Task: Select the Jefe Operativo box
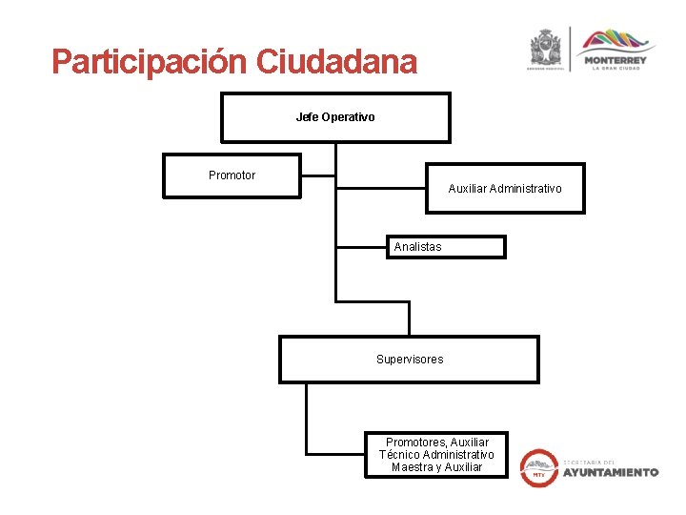click(335, 116)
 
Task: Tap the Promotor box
click(232, 175)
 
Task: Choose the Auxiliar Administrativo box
click(505, 188)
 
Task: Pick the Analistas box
click(445, 247)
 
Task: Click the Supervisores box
click(409, 359)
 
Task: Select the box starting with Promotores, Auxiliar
click(436, 455)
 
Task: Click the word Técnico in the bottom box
click(398, 455)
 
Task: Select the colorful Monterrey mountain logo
click(615, 41)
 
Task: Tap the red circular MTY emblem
click(539, 468)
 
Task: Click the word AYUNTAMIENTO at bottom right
click(610, 472)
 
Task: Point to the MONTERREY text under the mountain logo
click(615, 60)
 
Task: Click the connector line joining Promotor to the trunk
click(318, 175)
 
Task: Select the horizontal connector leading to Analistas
click(361, 247)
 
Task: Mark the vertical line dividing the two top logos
click(571, 48)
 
